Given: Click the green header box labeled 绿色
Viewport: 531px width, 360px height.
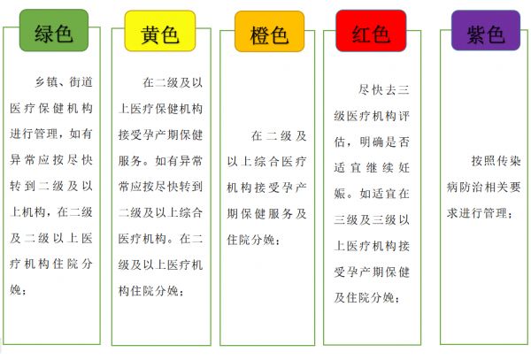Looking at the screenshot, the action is tap(54, 30).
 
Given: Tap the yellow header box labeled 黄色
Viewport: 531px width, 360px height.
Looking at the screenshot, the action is tap(160, 31).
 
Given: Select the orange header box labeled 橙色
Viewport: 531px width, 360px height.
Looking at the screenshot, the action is tap(270, 32).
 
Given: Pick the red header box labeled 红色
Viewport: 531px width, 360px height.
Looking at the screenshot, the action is tap(371, 31).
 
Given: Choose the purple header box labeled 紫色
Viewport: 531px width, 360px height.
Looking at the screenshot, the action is tap(486, 30).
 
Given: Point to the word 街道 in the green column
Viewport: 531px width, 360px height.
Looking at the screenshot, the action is tap(81, 82).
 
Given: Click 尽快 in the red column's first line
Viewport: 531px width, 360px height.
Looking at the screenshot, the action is tap(371, 90).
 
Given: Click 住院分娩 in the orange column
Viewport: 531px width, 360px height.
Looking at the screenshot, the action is tap(250, 240).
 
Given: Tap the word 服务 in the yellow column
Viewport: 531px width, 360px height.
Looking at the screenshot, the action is tap(130, 161).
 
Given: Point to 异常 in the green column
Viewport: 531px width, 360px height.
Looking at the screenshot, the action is tap(23, 160).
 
